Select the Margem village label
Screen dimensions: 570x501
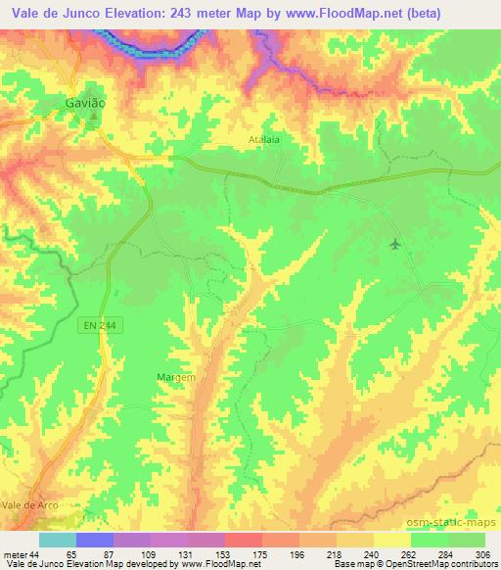176,376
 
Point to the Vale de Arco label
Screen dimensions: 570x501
30,504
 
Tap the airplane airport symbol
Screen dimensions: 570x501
394,244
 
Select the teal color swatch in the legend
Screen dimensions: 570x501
57,540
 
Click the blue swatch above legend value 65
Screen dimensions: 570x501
94,540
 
